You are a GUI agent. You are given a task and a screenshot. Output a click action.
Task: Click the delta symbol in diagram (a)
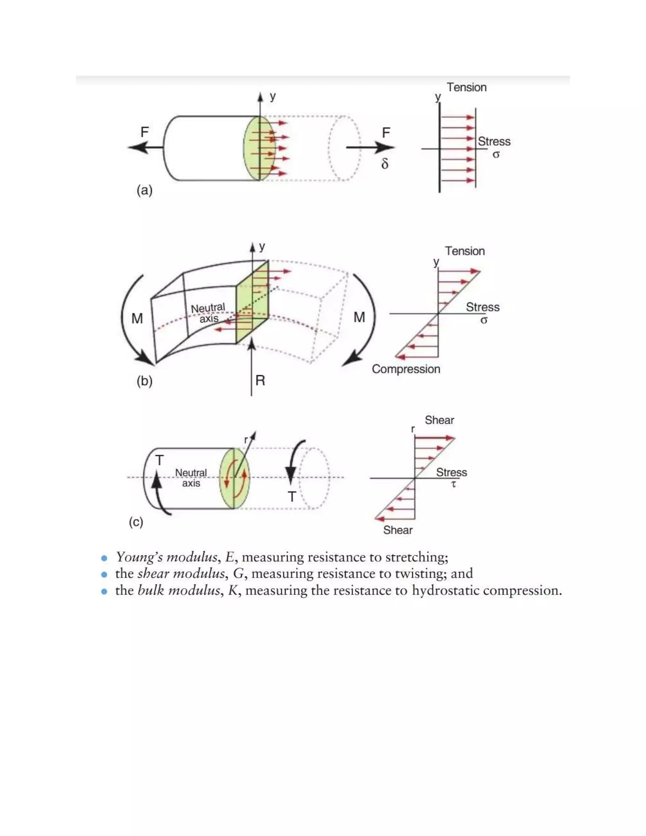pyautogui.click(x=385, y=164)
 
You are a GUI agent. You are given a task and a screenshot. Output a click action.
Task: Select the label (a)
pyautogui.click(x=144, y=190)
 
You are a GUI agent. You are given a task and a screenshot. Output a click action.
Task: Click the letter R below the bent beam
pyautogui.click(x=260, y=380)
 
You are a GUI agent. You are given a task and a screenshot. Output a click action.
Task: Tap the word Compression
pyautogui.click(x=406, y=369)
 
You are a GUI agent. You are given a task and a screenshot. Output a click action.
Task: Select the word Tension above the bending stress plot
pyautogui.click(x=465, y=251)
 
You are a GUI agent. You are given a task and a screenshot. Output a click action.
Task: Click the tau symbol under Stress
pyautogui.click(x=454, y=484)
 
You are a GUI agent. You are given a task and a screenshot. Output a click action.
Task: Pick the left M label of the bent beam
pyautogui.click(x=137, y=319)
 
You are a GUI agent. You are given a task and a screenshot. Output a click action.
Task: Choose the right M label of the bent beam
pyautogui.click(x=359, y=317)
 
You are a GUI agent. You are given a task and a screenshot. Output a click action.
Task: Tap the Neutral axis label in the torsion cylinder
pyautogui.click(x=191, y=478)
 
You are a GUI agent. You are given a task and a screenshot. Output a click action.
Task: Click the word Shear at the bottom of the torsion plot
pyautogui.click(x=398, y=530)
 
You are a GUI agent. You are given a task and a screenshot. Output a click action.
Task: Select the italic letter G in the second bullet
pyautogui.click(x=238, y=574)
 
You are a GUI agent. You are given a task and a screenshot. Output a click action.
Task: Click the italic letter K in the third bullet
pyautogui.click(x=233, y=591)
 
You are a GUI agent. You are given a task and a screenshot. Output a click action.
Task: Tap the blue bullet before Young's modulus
pyautogui.click(x=104, y=558)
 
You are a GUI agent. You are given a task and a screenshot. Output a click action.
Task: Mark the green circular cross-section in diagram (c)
pyautogui.click(x=234, y=479)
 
